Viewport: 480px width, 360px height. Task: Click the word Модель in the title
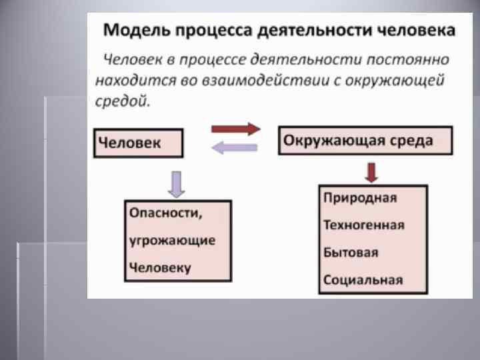coord(133,30)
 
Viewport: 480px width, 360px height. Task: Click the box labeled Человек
coord(137,143)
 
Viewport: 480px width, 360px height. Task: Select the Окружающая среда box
coord(364,141)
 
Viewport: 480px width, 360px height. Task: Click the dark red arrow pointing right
coord(235,129)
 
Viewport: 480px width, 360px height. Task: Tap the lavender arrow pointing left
coord(234,149)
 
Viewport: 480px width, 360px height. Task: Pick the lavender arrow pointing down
coord(176,183)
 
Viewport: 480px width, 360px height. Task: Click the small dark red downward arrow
coord(372,173)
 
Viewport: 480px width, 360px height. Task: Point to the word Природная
coord(360,198)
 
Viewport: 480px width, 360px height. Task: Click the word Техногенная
coord(363,225)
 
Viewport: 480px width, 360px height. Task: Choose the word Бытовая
coord(351,253)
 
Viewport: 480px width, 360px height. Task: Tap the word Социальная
coord(363,279)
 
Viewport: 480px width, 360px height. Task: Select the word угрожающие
coord(172,240)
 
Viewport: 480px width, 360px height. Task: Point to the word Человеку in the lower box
coord(160,267)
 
